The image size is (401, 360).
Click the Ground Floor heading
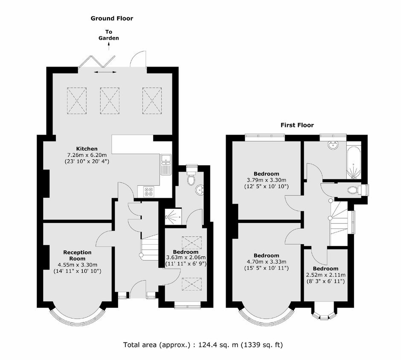[112, 18]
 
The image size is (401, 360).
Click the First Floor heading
[297, 125]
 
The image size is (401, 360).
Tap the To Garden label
[109, 35]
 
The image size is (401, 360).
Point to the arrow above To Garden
[109, 47]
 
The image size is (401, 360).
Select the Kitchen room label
[87, 149]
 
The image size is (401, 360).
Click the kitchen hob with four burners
[148, 192]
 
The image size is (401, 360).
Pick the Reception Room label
[78, 255]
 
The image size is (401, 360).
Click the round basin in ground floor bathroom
[200, 190]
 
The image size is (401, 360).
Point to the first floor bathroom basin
[333, 145]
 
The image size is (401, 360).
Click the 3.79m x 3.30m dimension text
[267, 180]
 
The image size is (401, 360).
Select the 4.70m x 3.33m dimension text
[267, 262]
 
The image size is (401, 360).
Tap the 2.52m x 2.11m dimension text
[326, 275]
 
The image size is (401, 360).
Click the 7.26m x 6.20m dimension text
[87, 155]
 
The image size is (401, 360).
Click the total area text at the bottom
[203, 345]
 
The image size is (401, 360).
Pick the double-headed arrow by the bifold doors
[105, 73]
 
